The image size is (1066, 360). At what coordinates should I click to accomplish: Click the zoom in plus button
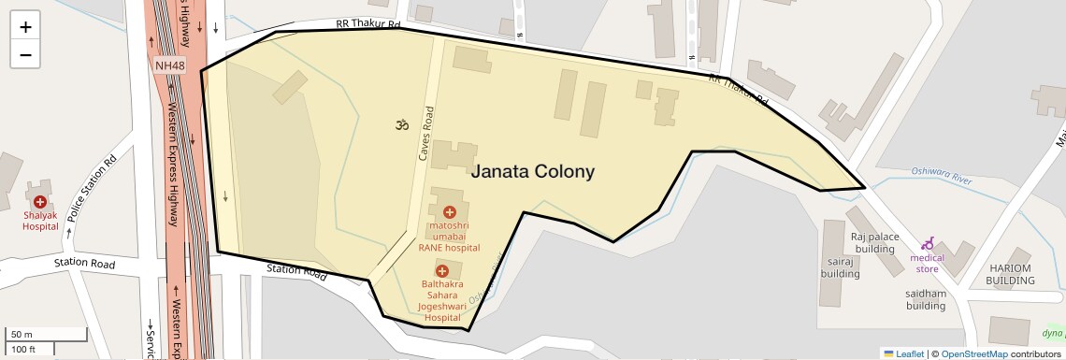tap(25, 27)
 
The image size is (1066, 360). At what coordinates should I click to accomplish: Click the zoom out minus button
tap(25, 54)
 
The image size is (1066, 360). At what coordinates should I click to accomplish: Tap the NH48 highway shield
tap(170, 65)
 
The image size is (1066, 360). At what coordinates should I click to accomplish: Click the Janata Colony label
tap(532, 172)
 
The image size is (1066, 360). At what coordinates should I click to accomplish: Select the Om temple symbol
tap(402, 124)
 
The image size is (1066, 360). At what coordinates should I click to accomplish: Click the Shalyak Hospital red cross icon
tap(40, 202)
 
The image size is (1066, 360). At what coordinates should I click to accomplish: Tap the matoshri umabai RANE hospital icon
tap(449, 212)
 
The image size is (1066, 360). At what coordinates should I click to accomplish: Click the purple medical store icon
tap(928, 243)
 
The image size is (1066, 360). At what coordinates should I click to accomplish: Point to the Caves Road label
tap(426, 137)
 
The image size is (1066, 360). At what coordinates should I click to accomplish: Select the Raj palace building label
tap(873, 243)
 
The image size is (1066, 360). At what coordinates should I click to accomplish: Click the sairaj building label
tap(841, 268)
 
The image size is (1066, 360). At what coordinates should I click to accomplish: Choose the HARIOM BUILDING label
tap(1009, 274)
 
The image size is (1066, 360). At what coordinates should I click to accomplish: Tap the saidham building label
tap(926, 299)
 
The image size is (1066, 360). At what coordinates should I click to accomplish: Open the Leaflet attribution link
tap(903, 353)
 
